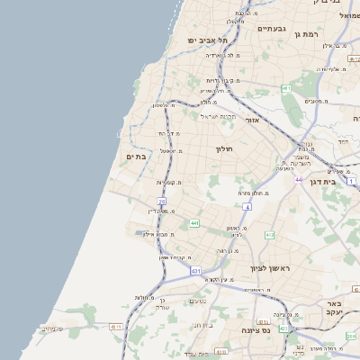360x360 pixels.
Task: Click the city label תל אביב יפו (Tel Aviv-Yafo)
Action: tap(208, 40)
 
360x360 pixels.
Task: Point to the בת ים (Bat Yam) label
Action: tap(137, 157)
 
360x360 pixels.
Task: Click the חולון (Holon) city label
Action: tap(224, 148)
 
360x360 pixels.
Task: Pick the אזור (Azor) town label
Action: tap(252, 119)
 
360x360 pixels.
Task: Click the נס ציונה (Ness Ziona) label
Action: tap(262, 330)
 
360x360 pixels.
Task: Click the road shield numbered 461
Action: tap(285, 88)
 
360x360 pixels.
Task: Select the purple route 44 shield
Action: tap(298, 180)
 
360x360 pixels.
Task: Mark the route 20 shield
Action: tap(162, 202)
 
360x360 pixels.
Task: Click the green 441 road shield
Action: tap(193, 222)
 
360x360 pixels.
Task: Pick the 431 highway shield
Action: tap(196, 270)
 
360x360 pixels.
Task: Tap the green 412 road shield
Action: tap(269, 235)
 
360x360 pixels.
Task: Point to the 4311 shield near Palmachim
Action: tap(115, 328)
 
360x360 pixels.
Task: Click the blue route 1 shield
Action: tap(354, 181)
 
